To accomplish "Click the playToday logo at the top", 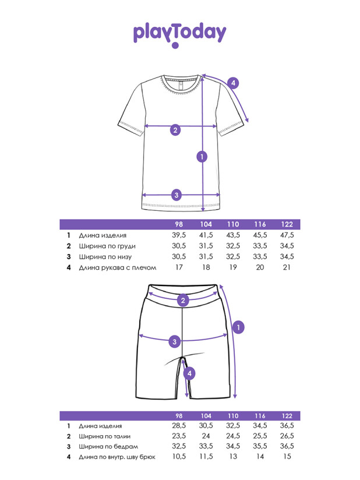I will tap(179, 33).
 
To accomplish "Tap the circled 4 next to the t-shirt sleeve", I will tap(233, 83).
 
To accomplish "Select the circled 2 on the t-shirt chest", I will tap(175, 130).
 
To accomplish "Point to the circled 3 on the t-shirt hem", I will tap(177, 195).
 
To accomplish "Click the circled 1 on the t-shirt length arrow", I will tap(202, 156).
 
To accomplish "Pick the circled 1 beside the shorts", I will tap(237, 327).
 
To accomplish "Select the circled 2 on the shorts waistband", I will tap(183, 301).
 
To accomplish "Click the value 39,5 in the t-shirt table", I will tap(179, 235).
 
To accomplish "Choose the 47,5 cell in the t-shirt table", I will tap(287, 235).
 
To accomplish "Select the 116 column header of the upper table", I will tap(260, 225).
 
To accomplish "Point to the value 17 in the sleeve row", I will tap(179, 267).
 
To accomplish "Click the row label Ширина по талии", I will tap(105, 436).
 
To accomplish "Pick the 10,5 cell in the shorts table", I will tap(179, 458).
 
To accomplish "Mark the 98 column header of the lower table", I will tap(179, 416).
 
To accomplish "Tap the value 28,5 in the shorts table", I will tap(179, 426).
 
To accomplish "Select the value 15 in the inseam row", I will tap(287, 458).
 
